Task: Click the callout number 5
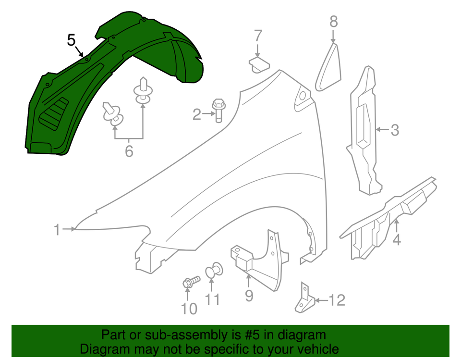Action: point(71,40)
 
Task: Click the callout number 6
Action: point(129,151)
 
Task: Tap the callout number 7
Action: point(258,35)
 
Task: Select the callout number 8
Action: point(334,21)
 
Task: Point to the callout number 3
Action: point(394,130)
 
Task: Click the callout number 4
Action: point(396,239)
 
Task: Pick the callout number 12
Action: point(337,300)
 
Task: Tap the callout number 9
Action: point(249,295)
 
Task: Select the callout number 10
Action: point(189,309)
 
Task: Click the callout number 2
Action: point(196,114)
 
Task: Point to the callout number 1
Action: point(57,230)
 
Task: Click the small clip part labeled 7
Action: point(258,64)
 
